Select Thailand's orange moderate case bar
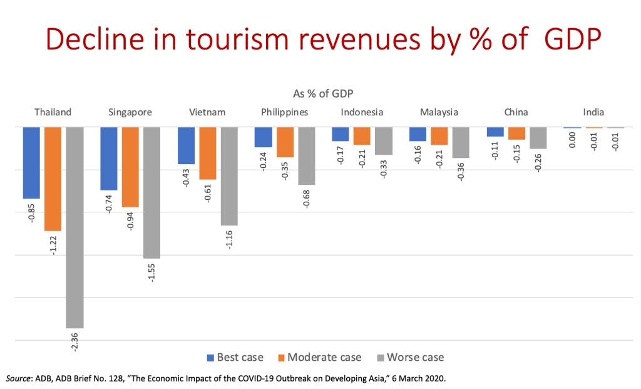pyautogui.click(x=53, y=179)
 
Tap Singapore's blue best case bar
pyautogui.click(x=108, y=158)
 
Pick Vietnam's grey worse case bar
pyautogui.click(x=229, y=176)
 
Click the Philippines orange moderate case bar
pyautogui.click(x=285, y=142)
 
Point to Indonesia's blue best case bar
pyautogui.click(x=340, y=134)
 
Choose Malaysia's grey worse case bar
pyautogui.click(x=461, y=143)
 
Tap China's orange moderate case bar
pyautogui.click(x=516, y=133)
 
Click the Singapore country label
pyautogui.click(x=130, y=113)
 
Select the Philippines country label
pyautogui.click(x=285, y=113)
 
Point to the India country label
pyautogui.click(x=593, y=113)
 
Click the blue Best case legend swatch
pyautogui.click(x=210, y=358)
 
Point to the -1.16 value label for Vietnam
pyautogui.click(x=230, y=240)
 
